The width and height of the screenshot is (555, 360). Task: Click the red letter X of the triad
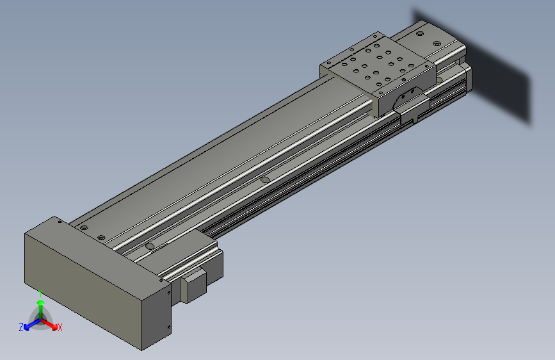pyautogui.click(x=60, y=328)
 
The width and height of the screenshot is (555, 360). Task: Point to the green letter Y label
pyautogui.click(x=40, y=291)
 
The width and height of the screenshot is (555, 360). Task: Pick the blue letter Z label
pyautogui.click(x=21, y=327)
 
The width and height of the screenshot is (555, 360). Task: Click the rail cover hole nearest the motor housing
pyautogui.click(x=150, y=246)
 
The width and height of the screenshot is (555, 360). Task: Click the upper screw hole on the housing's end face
pyautogui.click(x=169, y=292)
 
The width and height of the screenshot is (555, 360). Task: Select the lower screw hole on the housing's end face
pyautogui.click(x=168, y=329)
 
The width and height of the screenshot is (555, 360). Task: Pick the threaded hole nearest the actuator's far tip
pyautogui.click(x=420, y=34)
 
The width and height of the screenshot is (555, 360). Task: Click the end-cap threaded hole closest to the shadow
pyautogui.click(x=438, y=44)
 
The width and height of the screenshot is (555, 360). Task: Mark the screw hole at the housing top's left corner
pyautogui.click(x=60, y=222)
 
